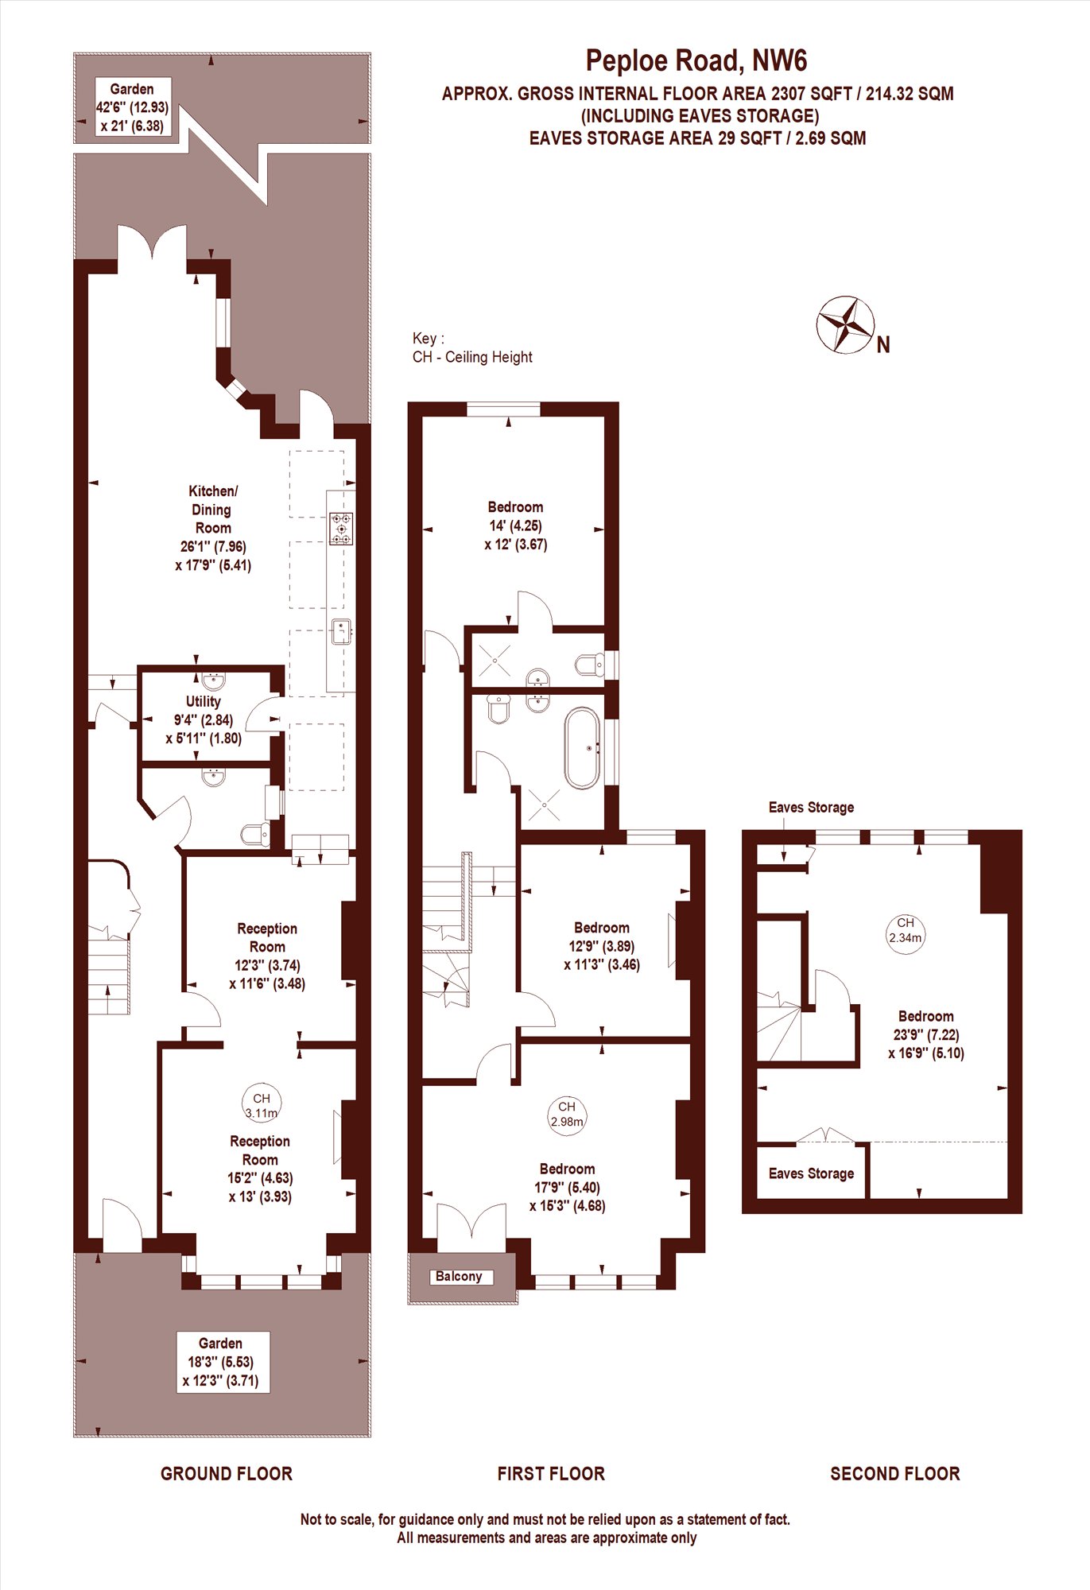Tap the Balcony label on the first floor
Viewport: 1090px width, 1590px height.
pos(459,1276)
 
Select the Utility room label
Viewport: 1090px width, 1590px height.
pos(204,719)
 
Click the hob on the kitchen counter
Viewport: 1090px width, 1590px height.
pos(342,529)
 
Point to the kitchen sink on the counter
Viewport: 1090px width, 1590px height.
pos(342,632)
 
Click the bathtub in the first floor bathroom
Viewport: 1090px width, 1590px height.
pos(582,748)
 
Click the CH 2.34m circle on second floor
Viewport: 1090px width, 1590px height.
pos(906,929)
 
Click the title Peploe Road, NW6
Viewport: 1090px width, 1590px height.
pos(696,60)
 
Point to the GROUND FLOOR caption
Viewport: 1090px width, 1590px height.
pos(227,1473)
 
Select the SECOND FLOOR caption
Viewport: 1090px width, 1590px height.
pos(895,1473)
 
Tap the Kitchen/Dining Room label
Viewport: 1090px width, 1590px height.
pos(213,528)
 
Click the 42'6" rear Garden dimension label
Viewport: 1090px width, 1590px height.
pos(132,107)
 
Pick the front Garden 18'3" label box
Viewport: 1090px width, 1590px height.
pos(223,1362)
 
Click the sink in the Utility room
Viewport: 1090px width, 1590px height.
pos(214,681)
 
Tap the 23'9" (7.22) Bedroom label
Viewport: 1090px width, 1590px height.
pos(926,1034)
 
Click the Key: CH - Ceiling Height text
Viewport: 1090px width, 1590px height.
pos(472,347)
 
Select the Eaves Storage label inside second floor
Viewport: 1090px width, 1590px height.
pos(811,1173)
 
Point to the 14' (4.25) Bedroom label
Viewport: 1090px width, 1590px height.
pos(516,525)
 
